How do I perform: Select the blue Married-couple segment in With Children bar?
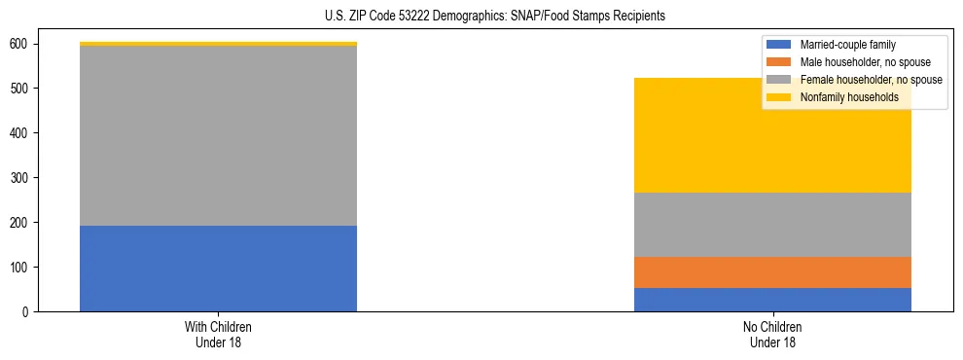(218, 269)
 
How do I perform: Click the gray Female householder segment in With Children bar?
(218, 136)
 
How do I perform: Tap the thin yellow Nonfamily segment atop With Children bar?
(218, 44)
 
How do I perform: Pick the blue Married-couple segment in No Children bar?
(772, 300)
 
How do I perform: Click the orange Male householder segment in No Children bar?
(772, 272)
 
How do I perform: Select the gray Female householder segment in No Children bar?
(772, 225)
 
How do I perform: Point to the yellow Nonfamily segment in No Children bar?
(772, 146)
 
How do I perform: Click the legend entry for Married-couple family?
(847, 45)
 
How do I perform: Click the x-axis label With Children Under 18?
(218, 334)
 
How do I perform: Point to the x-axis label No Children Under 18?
(772, 334)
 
